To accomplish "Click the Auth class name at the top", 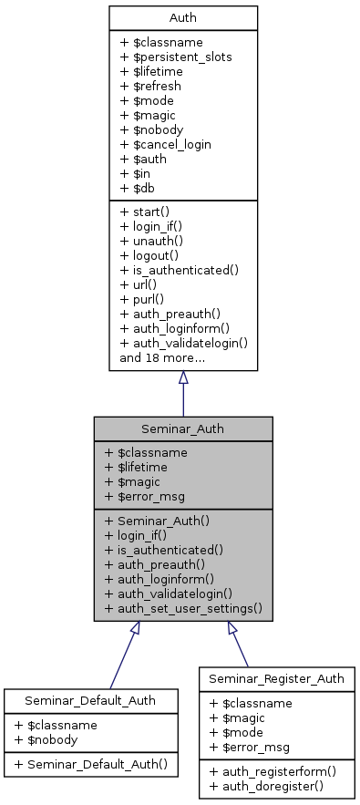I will [182, 18].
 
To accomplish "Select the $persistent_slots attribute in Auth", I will [175, 57].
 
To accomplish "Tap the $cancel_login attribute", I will [166, 144].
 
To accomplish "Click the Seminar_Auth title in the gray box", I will [182, 428].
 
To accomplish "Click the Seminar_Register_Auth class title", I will [275, 679].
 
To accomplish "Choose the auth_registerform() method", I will [273, 770].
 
